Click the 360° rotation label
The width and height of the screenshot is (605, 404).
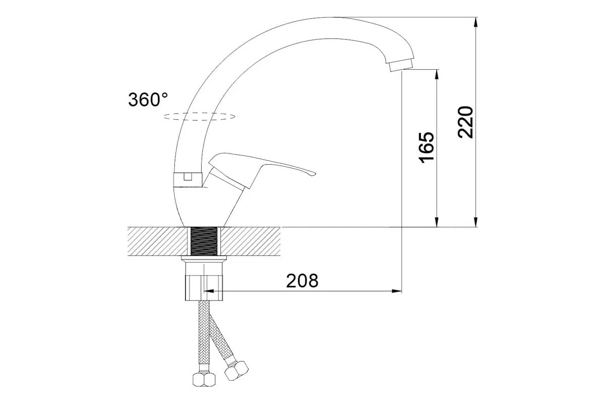148,99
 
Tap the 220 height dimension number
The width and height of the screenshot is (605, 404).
466,122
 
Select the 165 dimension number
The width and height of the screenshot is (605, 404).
427,148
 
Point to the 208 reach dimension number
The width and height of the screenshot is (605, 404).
302,281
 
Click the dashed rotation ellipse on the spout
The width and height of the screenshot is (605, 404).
199,117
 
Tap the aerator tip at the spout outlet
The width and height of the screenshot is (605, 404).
401,65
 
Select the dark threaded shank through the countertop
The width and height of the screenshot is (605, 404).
204,241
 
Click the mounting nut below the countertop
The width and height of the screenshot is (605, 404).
205,282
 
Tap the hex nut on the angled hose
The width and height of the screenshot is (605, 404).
236,371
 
